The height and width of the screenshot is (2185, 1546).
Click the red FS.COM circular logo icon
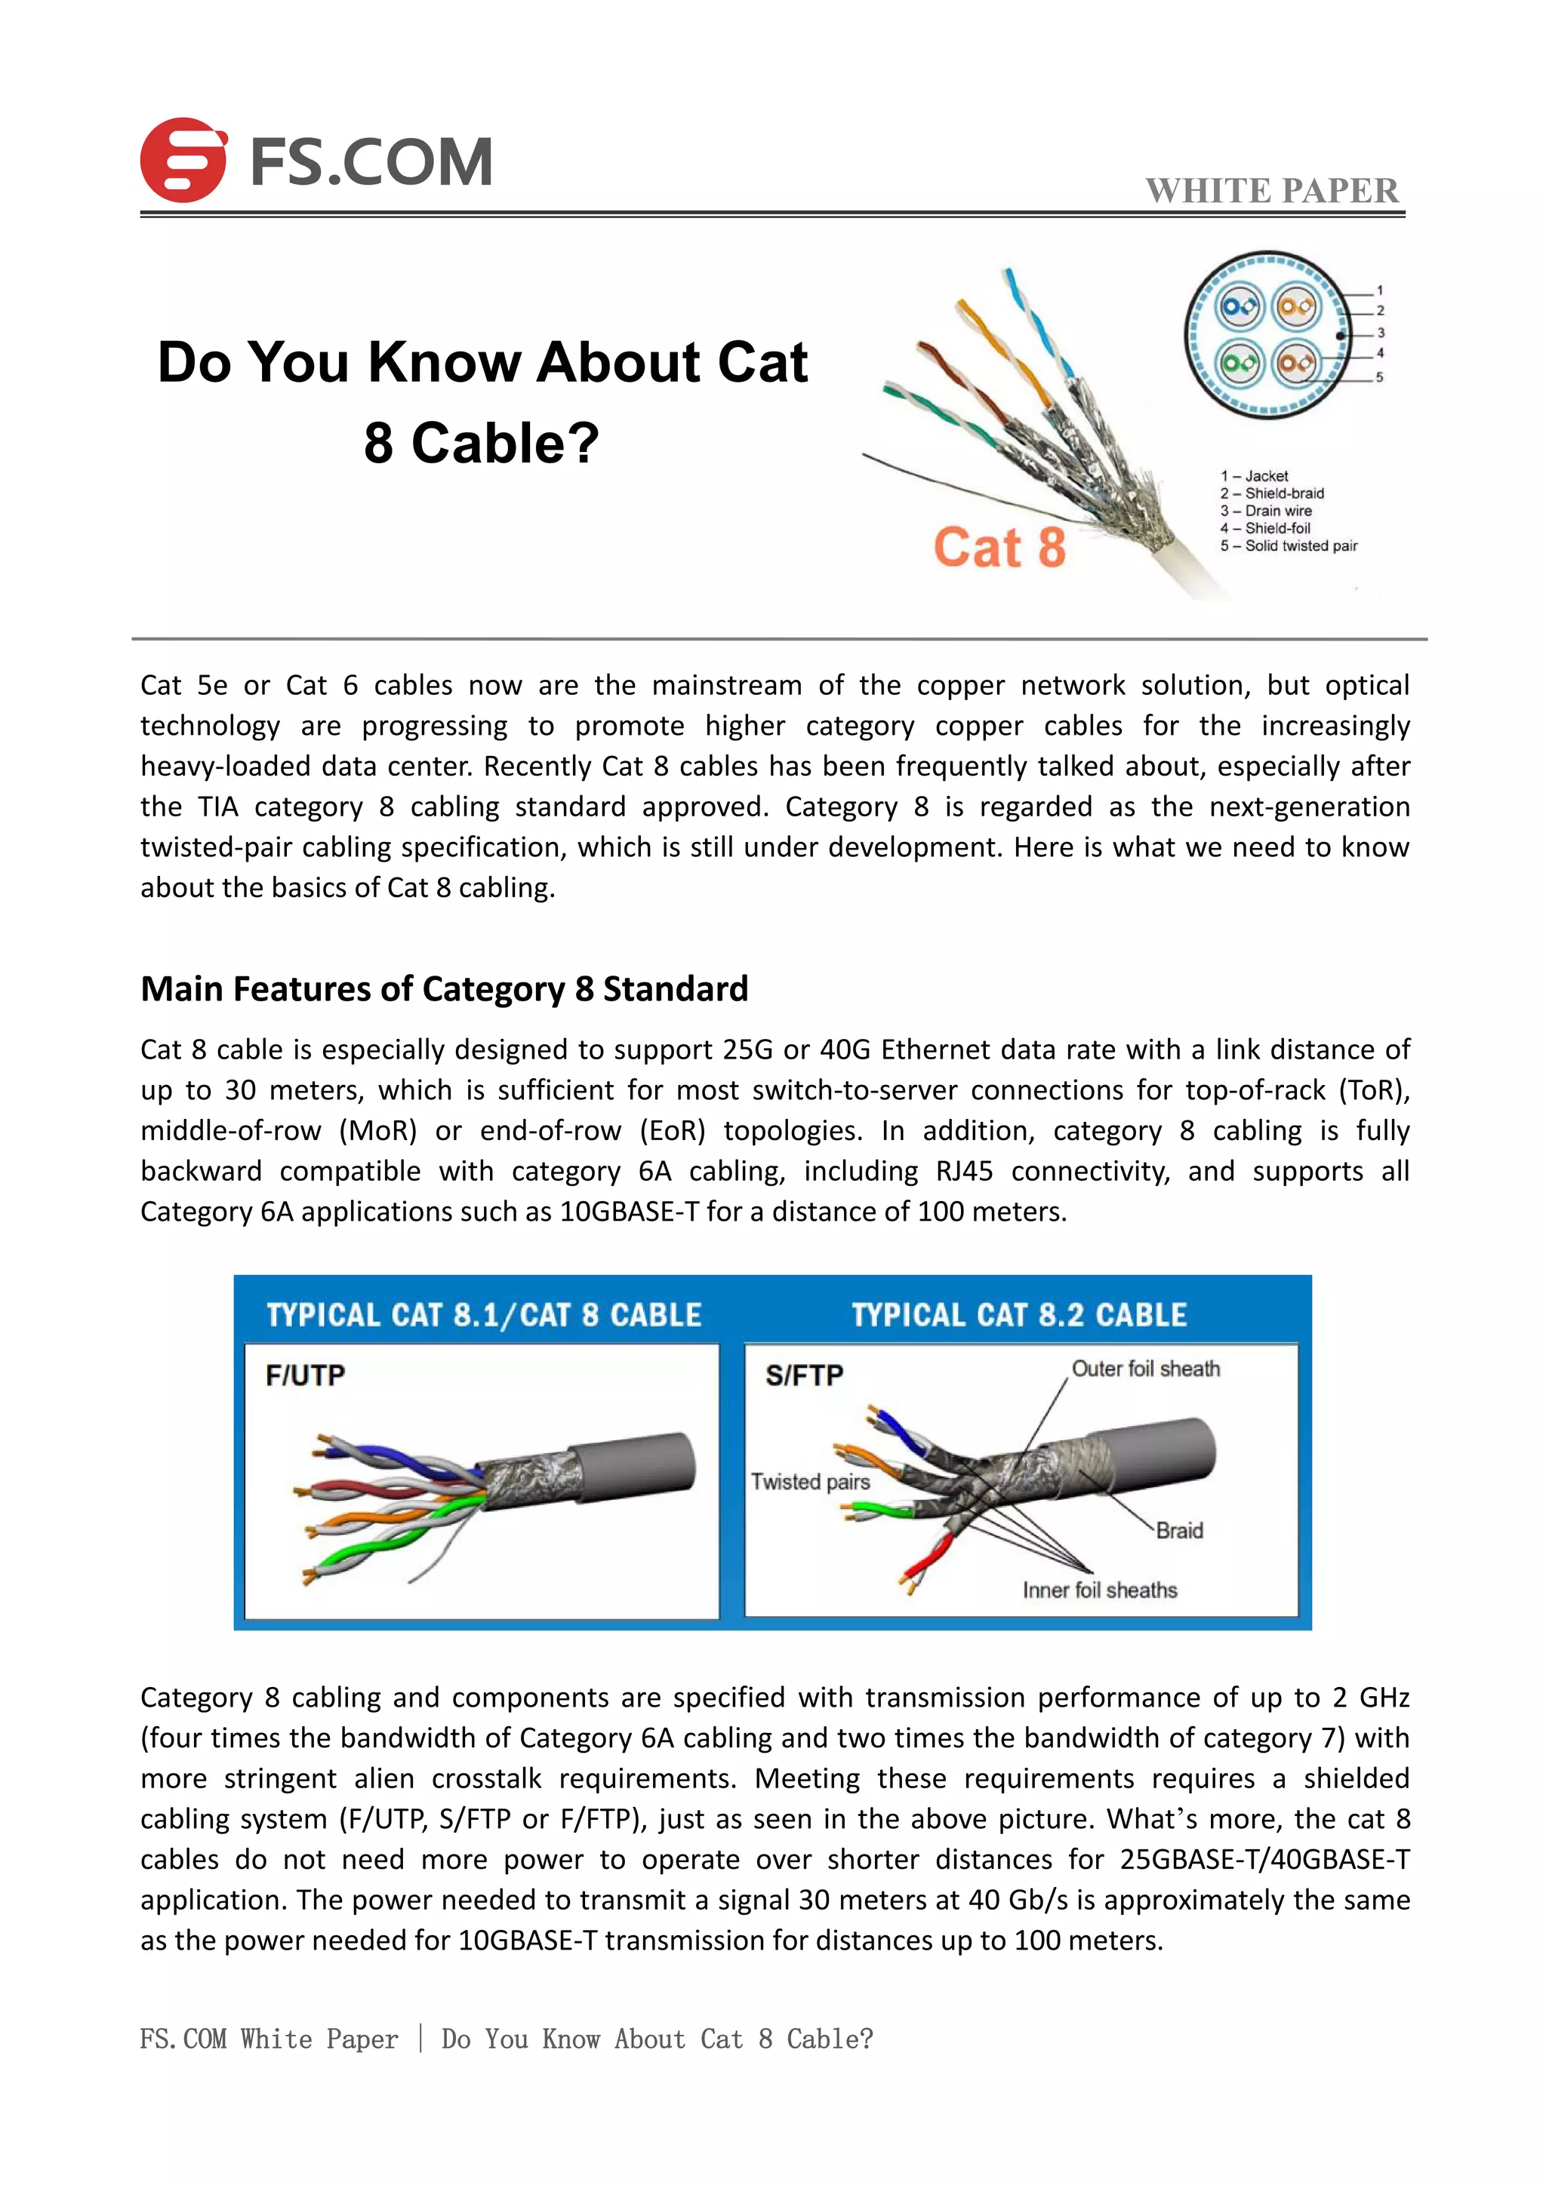pos(183,160)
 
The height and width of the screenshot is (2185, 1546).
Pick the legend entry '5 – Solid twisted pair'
pos(1289,546)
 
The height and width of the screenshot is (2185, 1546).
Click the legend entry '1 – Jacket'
pos(1254,476)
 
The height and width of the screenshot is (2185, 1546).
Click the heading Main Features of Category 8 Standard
pos(444,989)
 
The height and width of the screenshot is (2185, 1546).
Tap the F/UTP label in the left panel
pos(305,1375)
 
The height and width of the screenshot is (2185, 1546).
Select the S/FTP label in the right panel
pos(805,1375)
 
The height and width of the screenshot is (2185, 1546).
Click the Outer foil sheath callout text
pos(1145,1369)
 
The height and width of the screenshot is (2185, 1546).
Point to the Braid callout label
pos(1179,1530)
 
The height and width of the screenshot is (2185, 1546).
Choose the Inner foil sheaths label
pos(1100,1590)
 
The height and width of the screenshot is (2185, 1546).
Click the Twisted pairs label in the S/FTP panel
pos(810,1482)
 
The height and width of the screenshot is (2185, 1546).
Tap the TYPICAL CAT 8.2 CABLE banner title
pos(1018,1315)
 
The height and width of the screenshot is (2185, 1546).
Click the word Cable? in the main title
pos(504,444)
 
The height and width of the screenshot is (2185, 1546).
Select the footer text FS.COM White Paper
pos(269,2039)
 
